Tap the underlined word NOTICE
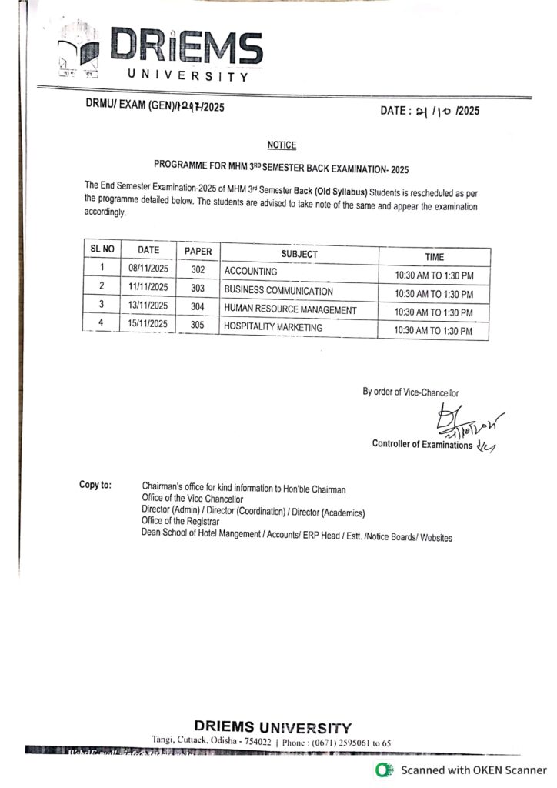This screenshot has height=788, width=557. point(282,145)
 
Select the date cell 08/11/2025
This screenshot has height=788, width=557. point(148,270)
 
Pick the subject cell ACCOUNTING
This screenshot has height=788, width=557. point(251,272)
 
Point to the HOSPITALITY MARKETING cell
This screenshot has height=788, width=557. point(273,327)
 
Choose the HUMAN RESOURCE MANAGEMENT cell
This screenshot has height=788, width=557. point(290,309)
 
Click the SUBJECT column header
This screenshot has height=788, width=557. point(299,254)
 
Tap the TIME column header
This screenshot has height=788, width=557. point(435,257)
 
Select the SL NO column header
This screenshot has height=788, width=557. point(102,249)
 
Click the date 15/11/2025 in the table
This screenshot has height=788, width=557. point(148,325)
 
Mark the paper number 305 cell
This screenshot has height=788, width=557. point(198,326)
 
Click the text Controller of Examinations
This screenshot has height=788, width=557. point(422,444)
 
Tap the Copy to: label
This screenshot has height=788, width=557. point(95,485)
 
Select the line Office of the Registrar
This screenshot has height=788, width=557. point(181,521)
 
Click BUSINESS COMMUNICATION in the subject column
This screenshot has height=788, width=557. point(278,292)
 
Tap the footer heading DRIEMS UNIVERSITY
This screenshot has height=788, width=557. point(273,726)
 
